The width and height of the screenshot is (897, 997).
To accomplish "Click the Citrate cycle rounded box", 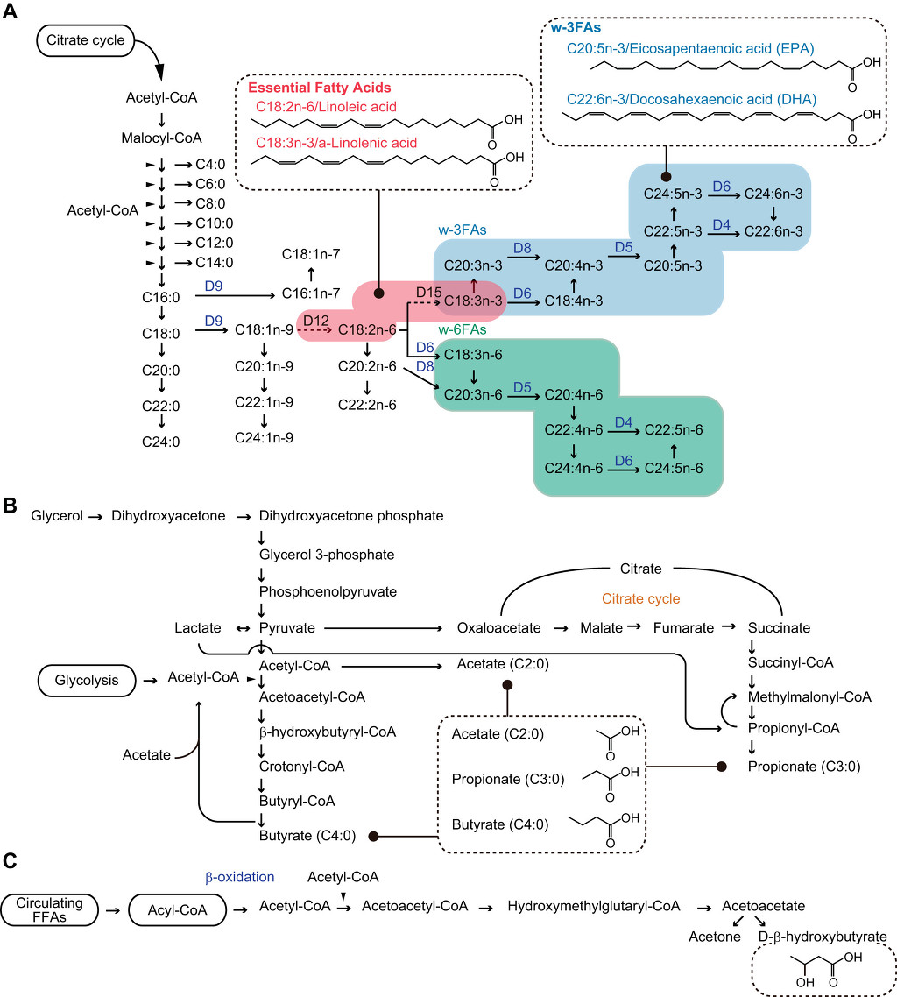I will (86, 39).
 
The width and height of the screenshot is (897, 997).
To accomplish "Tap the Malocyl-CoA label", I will (162, 138).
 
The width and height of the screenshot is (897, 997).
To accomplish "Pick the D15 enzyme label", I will (430, 291).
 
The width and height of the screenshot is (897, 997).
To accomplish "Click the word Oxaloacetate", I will (499, 628).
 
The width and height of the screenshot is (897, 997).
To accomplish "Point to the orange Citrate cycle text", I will (640, 598).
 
